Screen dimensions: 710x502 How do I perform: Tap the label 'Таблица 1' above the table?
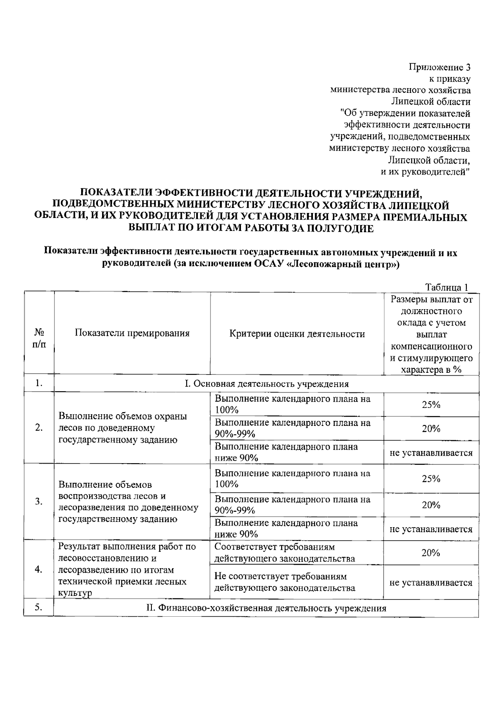pos(446,287)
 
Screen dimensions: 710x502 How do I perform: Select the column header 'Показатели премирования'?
pos(132,333)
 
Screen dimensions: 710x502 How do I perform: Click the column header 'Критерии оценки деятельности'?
pos(297,333)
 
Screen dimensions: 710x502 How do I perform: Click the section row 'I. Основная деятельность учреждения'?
pos(266,384)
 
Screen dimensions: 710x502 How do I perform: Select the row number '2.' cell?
pos(39,428)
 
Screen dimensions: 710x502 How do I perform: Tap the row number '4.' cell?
pos(39,569)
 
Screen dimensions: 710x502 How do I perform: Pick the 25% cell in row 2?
pos(431,405)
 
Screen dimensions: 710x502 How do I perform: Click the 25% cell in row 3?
pos(431,479)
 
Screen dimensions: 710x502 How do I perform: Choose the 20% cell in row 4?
pos(431,553)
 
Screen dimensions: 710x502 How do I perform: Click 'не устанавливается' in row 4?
pos(431,582)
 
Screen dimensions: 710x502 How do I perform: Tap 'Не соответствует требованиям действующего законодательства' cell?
pos(284,582)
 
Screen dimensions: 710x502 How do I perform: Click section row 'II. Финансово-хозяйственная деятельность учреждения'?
pos(266,608)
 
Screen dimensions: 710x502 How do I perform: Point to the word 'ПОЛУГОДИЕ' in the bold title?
pos(340,228)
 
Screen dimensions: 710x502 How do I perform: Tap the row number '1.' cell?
pos(39,383)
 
